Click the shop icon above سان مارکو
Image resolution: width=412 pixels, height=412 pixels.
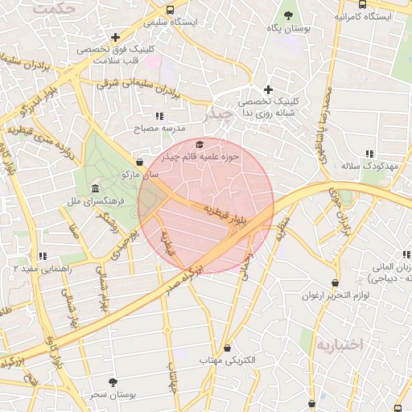[x=140, y=162]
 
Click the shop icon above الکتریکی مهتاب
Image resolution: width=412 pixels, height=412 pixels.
[x=228, y=348]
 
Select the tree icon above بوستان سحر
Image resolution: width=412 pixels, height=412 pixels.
[x=112, y=382]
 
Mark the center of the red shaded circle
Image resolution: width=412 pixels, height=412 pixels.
[x=206, y=206]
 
